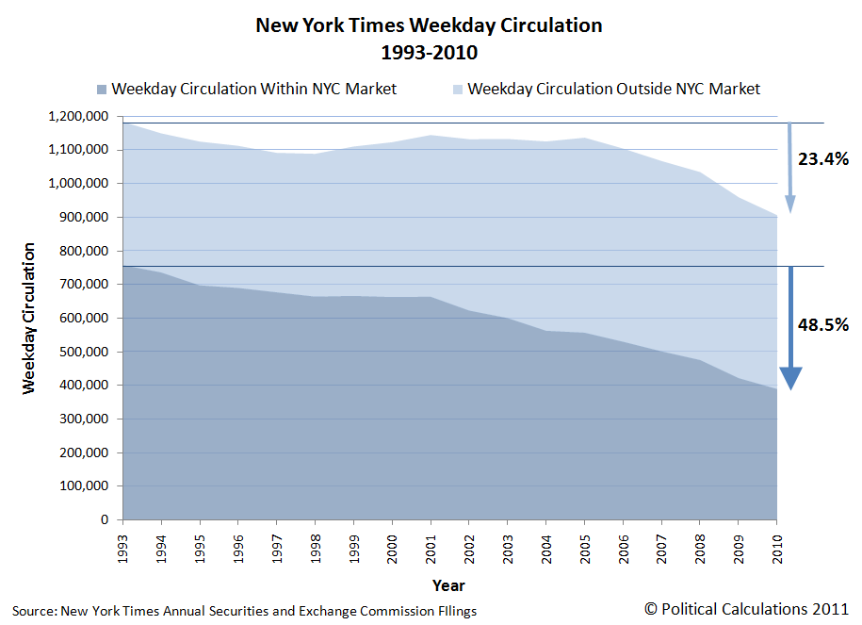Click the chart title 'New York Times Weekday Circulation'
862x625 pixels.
429,25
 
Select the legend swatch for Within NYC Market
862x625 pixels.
102,90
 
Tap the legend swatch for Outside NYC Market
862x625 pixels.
457,90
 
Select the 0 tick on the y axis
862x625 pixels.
106,520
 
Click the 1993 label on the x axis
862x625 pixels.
122,548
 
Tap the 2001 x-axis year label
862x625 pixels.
431,548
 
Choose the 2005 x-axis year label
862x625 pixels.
584,548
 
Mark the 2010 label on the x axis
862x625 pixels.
777,548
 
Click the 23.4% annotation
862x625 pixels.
823,159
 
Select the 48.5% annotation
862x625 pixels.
823,325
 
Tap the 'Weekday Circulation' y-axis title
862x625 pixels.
29,318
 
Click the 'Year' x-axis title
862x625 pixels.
448,585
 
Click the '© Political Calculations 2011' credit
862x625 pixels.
747,610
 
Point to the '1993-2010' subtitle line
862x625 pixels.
429,51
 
